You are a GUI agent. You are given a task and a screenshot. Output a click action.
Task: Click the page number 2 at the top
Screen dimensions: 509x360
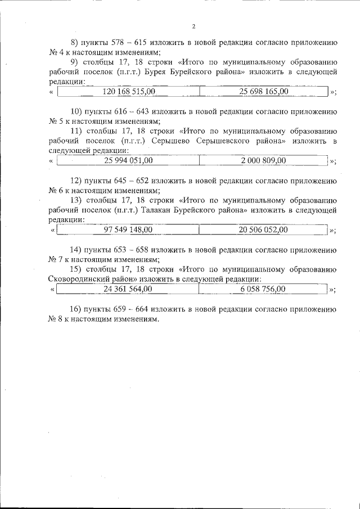[193, 26]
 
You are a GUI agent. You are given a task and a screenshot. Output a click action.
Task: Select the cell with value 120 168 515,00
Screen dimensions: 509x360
[129, 91]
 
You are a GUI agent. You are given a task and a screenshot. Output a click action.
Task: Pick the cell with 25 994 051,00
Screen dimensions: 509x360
[128, 161]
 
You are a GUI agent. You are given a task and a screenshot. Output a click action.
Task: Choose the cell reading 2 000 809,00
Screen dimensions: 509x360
[263, 161]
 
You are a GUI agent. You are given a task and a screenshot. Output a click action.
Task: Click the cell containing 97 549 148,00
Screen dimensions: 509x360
[128, 229]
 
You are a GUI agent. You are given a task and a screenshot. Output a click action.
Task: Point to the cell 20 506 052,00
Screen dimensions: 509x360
[263, 229]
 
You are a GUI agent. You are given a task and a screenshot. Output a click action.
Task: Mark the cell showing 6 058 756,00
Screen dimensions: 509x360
[263, 289]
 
